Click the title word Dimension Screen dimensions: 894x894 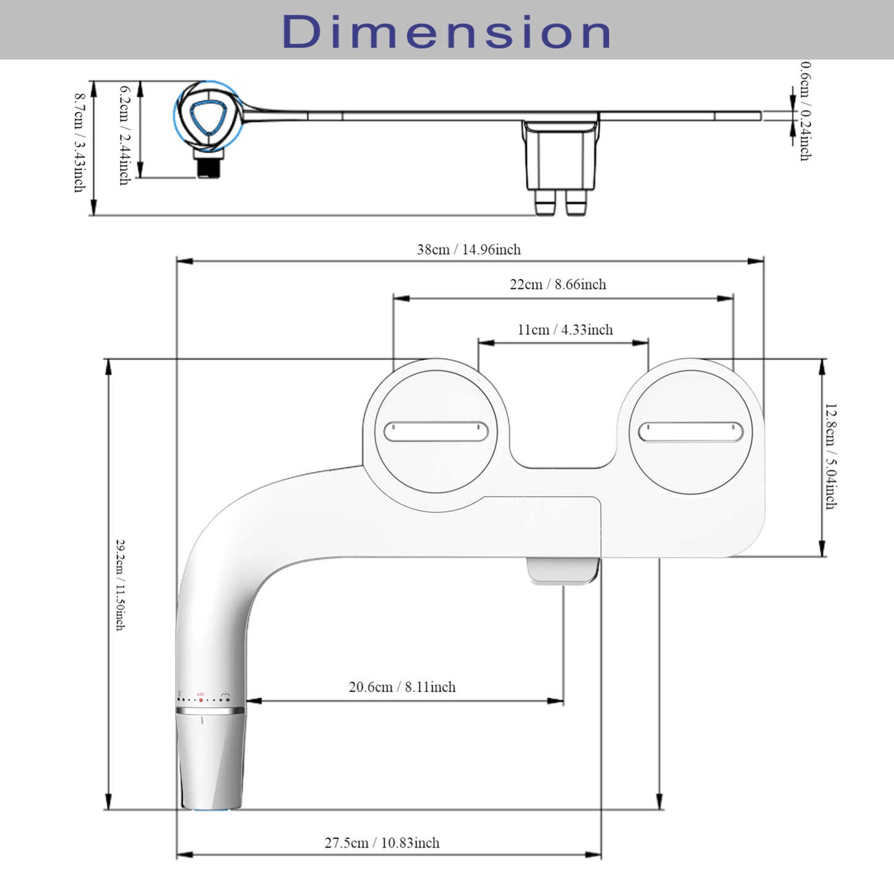tap(447, 32)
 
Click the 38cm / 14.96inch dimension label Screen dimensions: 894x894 tap(468, 249)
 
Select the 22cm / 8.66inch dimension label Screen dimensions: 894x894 tap(557, 285)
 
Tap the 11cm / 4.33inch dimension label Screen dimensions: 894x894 tap(565, 330)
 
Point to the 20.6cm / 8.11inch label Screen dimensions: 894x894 tap(402, 687)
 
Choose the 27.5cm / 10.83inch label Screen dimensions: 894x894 tap(382, 843)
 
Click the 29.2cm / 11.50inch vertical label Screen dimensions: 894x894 tap(120, 585)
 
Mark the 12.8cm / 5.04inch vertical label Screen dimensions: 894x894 tap(830, 456)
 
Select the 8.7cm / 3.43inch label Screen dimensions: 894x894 tap(79, 142)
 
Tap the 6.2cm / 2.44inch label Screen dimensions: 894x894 tap(124, 135)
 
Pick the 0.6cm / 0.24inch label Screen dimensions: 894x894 tap(805, 111)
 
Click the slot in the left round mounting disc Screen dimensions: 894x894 tap(436, 431)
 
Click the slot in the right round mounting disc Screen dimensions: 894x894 tap(690, 432)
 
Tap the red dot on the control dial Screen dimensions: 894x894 tap(200, 699)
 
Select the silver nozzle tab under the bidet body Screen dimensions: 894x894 tap(562, 570)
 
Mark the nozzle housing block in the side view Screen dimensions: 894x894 tap(560, 158)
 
